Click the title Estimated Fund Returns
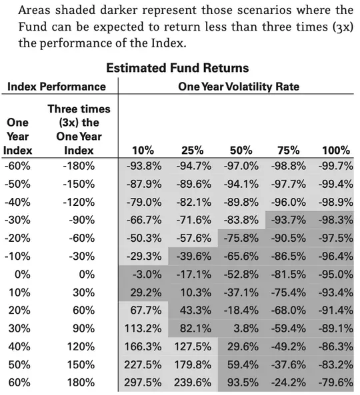(x=177, y=68)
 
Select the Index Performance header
(x=57, y=87)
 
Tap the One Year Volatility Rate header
(x=239, y=87)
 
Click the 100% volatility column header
(x=336, y=151)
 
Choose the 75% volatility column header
(x=289, y=151)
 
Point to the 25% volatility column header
(x=193, y=151)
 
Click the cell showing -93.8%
(x=144, y=166)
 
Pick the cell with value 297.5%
(x=143, y=382)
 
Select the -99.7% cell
(x=335, y=166)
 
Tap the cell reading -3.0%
(x=147, y=274)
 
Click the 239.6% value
(x=193, y=382)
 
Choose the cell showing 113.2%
(x=143, y=328)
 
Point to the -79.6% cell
(x=335, y=382)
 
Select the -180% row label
(x=79, y=166)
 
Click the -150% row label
(x=79, y=184)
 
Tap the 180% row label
(x=81, y=382)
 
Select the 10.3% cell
(x=196, y=292)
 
